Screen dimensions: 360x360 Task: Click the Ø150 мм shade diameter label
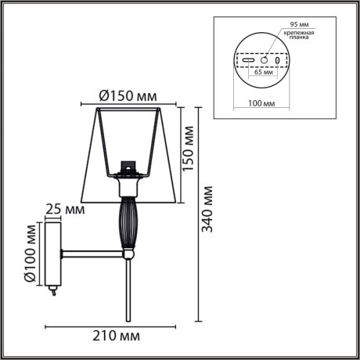[127, 96]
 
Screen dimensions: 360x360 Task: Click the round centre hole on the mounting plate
[265, 60]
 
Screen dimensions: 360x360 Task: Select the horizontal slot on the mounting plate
[248, 60]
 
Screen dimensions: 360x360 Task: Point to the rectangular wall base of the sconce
[54, 254]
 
